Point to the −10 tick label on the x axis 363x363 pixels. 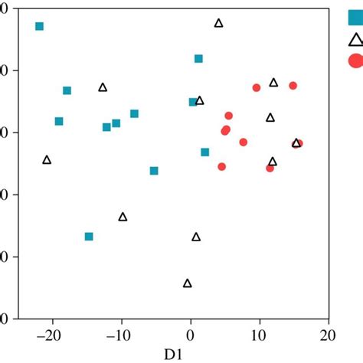[x=119, y=335]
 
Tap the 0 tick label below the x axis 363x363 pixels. [x=191, y=335]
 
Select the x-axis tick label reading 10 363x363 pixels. [x=259, y=335]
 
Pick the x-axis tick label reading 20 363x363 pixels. [x=328, y=335]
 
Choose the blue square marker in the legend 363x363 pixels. [x=355, y=11]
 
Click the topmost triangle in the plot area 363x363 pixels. [x=218, y=23]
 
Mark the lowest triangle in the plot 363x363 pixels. [x=188, y=283]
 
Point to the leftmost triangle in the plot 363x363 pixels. [x=47, y=160]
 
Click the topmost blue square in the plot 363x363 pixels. [x=40, y=27]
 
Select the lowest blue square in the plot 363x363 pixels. [x=89, y=237]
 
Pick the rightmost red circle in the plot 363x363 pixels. [x=299, y=143]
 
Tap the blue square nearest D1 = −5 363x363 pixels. [x=154, y=171]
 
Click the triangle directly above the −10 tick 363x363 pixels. [x=123, y=217]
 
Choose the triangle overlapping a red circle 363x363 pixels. [x=296, y=142]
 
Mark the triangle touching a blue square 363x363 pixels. [x=200, y=100]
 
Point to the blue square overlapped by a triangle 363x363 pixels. [x=193, y=102]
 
